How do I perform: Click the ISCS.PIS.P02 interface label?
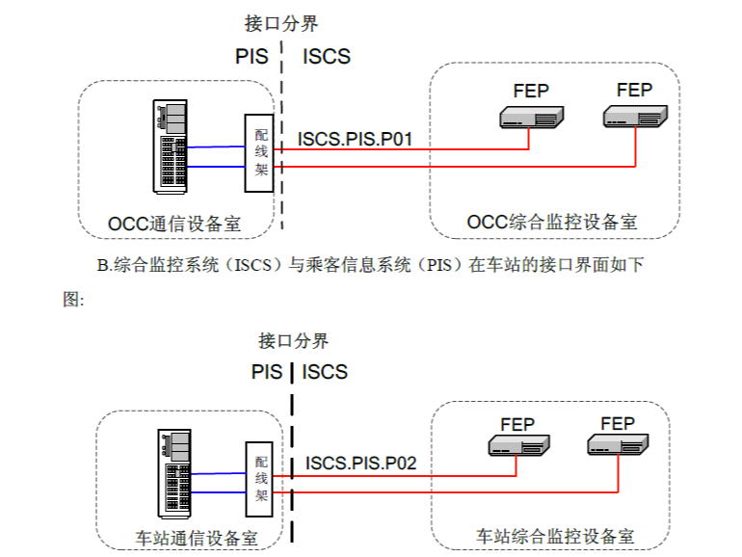[x=361, y=464]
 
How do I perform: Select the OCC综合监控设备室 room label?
[x=552, y=222]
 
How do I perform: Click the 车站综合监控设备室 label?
[x=555, y=535]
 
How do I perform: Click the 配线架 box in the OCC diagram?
[x=260, y=151]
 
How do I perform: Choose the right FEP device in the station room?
[x=618, y=444]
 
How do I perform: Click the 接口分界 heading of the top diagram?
[x=281, y=23]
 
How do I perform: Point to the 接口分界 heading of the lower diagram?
[x=294, y=340]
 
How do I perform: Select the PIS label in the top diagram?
[x=252, y=56]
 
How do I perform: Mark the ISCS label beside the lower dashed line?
[x=325, y=372]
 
